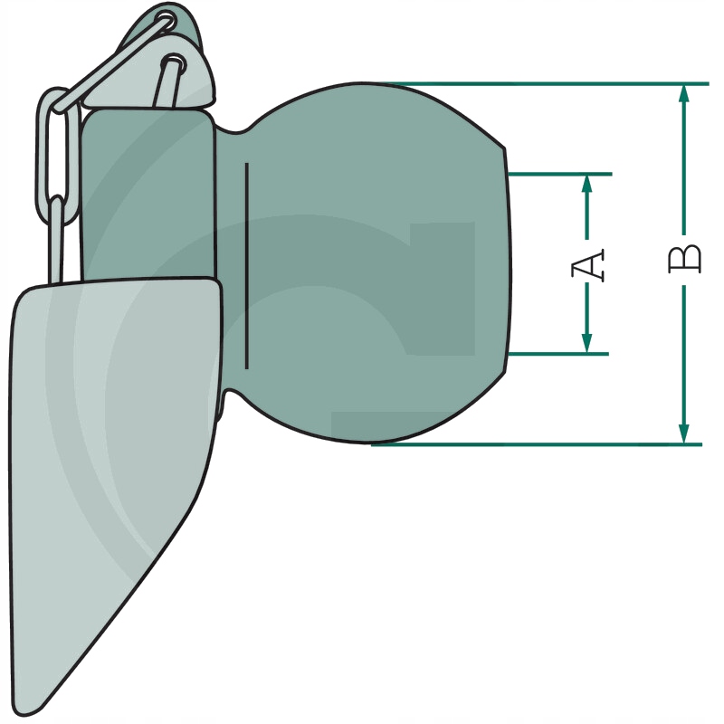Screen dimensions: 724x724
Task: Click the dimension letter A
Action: pos(587,265)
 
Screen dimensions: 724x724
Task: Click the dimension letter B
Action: pos(684,260)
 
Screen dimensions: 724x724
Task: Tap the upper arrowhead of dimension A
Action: pos(586,184)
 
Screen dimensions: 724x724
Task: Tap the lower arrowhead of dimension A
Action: pos(586,344)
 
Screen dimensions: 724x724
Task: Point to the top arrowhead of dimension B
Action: pos(684,94)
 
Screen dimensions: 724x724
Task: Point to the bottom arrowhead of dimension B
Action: pos(684,434)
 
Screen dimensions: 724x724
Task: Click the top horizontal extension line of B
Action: pos(548,84)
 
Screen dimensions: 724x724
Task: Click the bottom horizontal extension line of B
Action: pos(537,444)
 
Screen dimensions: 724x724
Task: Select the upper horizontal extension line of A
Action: pos(559,174)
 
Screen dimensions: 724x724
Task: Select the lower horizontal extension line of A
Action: pos(557,354)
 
